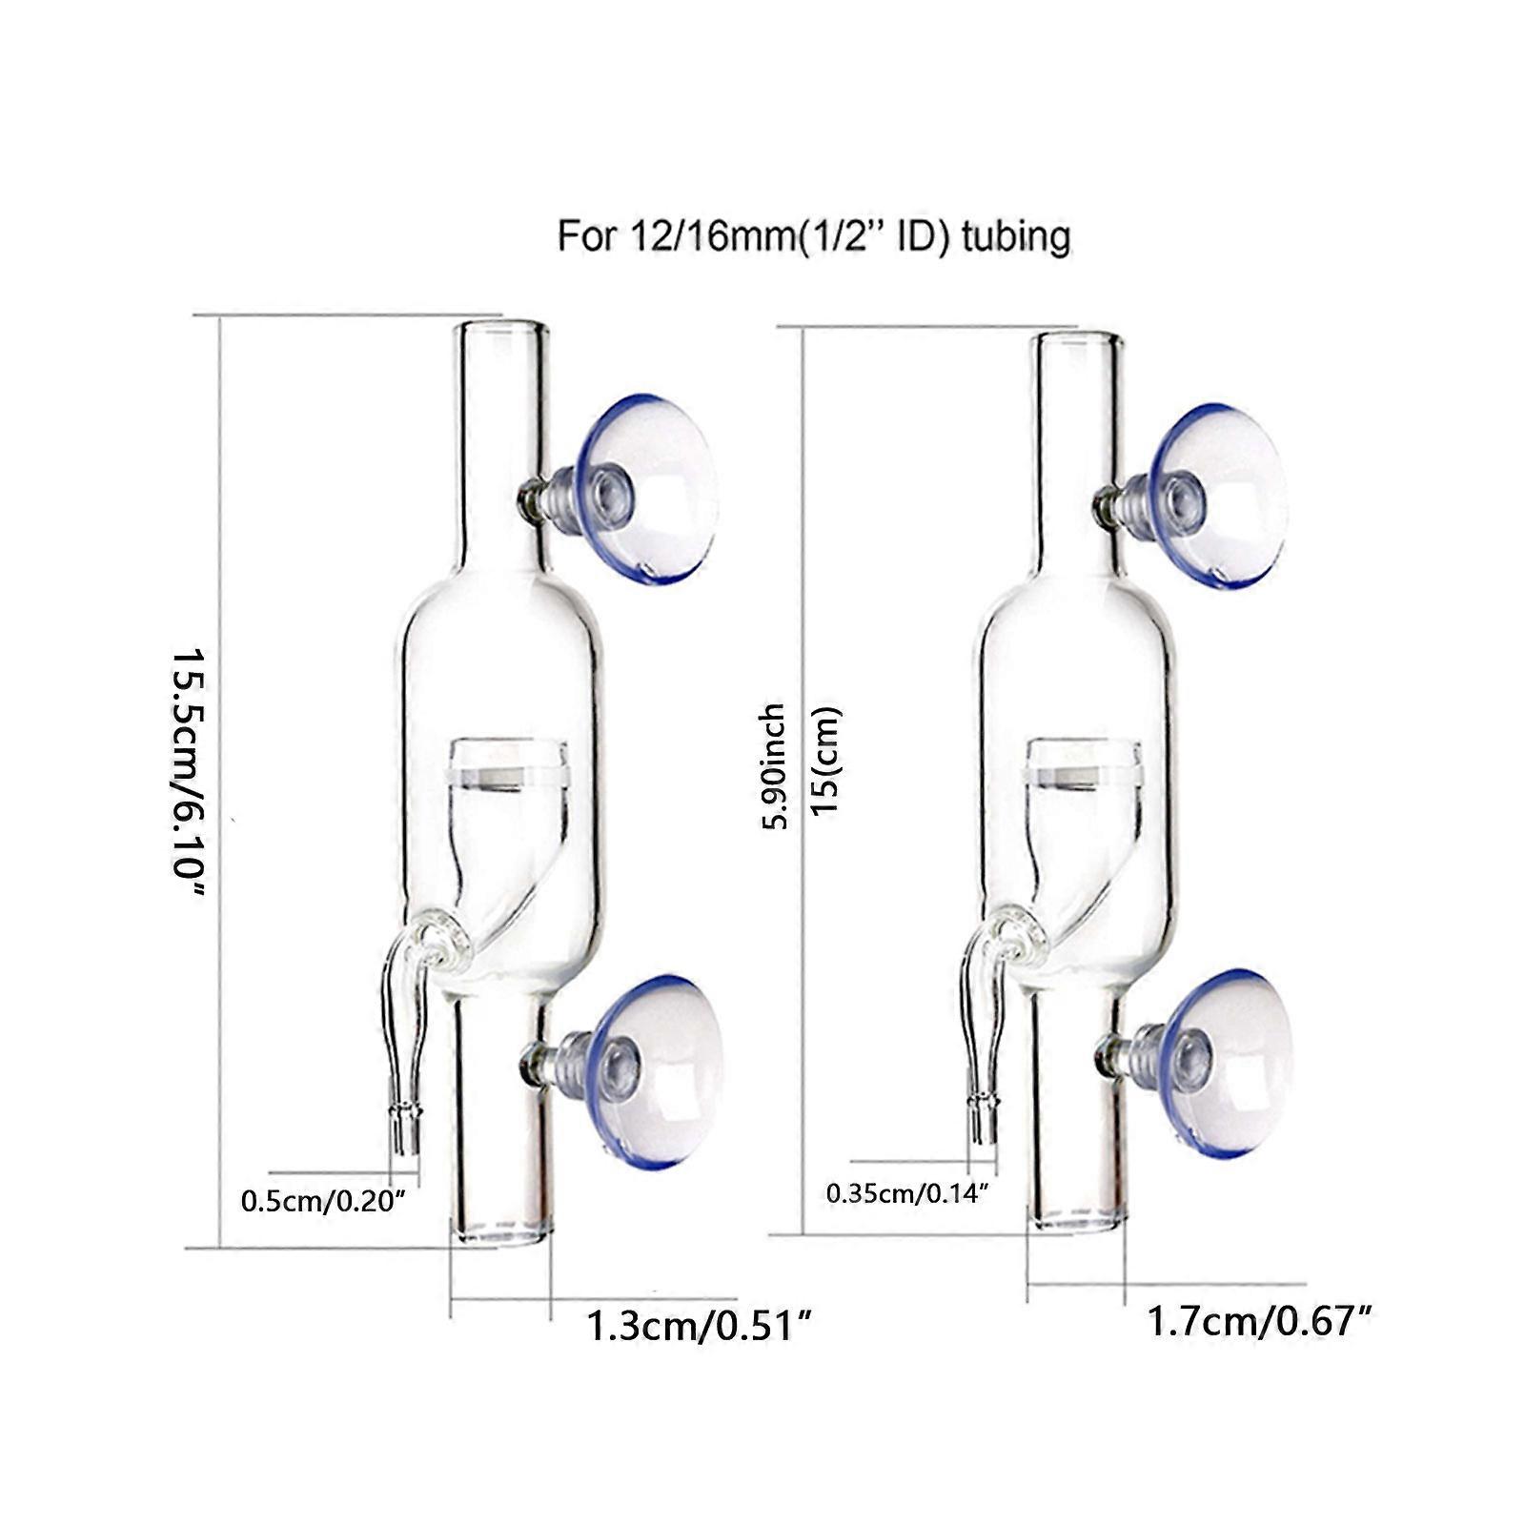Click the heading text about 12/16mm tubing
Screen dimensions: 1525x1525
click(x=813, y=235)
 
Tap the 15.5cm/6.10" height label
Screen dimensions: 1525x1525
click(x=189, y=773)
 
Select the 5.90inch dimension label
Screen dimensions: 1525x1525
click(x=773, y=766)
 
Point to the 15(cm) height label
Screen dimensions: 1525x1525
click(x=825, y=760)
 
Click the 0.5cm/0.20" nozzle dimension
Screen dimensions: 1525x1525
click(x=324, y=1201)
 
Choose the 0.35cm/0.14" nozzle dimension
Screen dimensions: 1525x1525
click(x=906, y=1192)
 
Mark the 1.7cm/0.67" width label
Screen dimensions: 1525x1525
click(x=1258, y=1321)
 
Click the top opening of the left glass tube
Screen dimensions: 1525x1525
click(x=501, y=330)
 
